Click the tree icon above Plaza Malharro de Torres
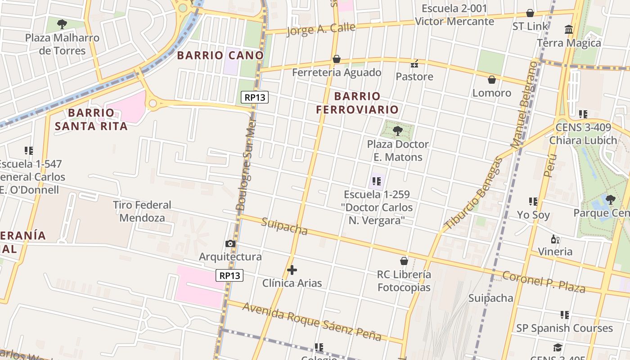62,24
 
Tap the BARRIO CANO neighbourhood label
220,55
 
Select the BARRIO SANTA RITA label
91,119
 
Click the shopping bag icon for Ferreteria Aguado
336,59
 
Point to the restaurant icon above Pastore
414,63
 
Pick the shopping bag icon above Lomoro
491,80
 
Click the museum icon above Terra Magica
569,30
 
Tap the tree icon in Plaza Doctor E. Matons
397,131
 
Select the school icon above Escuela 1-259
377,181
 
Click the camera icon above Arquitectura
230,243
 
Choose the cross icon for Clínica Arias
292,270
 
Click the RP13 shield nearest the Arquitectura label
229,275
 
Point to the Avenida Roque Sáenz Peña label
312,322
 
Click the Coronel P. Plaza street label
544,282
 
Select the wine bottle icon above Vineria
555,239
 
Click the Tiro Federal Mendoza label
142,211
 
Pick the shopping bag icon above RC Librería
404,261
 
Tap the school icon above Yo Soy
533,201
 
